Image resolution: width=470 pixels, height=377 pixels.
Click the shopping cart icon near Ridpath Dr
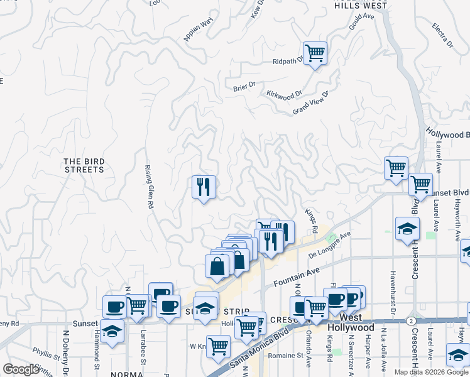[x=315, y=52]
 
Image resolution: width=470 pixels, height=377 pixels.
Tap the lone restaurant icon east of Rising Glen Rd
[x=204, y=187]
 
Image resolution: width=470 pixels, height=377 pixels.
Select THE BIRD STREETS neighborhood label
[x=84, y=166]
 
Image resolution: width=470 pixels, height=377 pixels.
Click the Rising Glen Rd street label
[x=150, y=187]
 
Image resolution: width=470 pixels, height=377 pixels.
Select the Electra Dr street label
[x=442, y=36]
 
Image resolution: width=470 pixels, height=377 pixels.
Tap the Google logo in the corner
[x=21, y=369]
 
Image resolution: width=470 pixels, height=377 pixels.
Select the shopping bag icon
[x=217, y=266]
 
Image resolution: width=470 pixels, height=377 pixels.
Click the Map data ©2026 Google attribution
[x=431, y=372]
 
